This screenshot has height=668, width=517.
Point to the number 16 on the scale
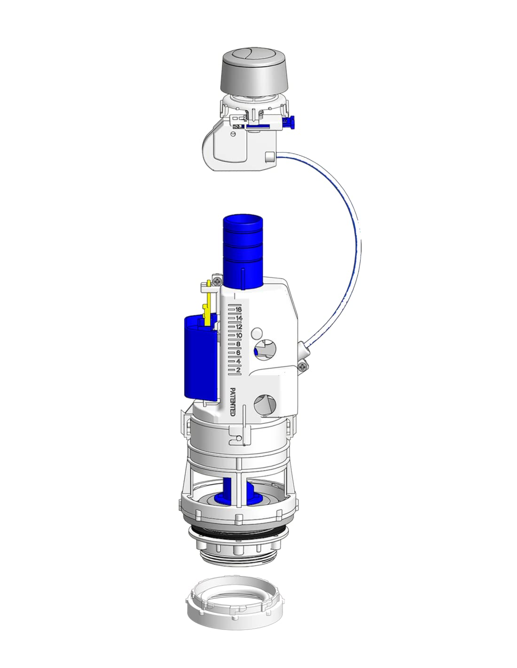click(239, 310)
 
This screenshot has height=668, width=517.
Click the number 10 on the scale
click(239, 335)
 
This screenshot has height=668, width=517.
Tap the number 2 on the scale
click(239, 370)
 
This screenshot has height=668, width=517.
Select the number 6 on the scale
click(239, 353)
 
